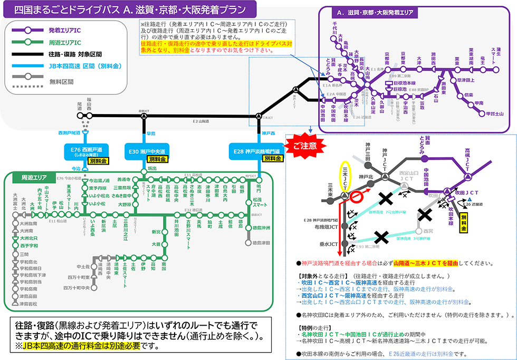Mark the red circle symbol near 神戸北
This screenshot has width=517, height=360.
point(357,197)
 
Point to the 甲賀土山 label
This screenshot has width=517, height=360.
point(494,113)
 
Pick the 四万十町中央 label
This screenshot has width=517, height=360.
point(75,288)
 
